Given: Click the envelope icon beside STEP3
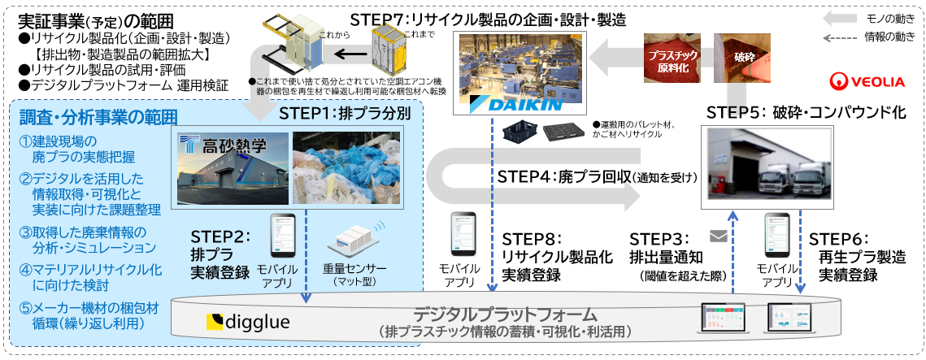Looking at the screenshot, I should (718, 237).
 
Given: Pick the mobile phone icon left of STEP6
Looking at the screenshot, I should (776, 236).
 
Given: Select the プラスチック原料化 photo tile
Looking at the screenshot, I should (675, 59).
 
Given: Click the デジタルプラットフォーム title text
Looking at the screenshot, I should (505, 314).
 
